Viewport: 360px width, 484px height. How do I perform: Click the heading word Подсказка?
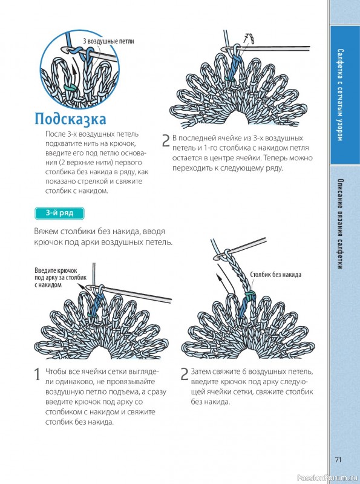pos(70,119)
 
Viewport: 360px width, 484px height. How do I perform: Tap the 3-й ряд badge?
pos(59,214)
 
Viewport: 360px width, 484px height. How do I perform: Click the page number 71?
pos(338,459)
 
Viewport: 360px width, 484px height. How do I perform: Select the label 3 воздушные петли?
pos(108,41)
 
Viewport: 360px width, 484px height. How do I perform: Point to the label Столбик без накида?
pos(275,275)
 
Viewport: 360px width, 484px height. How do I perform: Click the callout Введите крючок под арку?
pos(61,278)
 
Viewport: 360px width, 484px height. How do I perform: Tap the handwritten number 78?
pos(249,39)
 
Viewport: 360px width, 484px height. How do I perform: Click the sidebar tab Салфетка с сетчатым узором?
pos(340,95)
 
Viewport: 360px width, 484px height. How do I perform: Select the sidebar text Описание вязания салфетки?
pos(340,224)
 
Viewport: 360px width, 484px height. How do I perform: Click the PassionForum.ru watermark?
pos(328,478)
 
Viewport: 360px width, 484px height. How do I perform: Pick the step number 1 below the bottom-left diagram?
pos(38,374)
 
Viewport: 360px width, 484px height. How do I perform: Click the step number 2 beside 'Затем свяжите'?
pos(184,374)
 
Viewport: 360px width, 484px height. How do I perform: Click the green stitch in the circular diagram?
pos(70,88)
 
